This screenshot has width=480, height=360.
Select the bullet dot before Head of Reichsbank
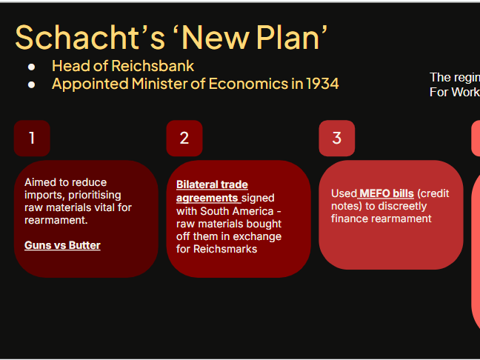click(32, 66)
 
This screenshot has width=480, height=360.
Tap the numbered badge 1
click(32, 138)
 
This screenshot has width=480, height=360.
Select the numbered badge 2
click(184, 138)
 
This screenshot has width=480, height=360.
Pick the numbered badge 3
click(337, 138)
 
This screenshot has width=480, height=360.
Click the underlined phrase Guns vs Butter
click(62, 245)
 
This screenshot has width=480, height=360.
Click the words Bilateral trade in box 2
click(212, 184)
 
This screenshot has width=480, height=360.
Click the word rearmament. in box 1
click(56, 220)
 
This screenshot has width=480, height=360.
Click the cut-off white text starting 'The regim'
click(454, 77)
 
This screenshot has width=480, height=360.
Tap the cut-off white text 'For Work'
click(454, 92)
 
